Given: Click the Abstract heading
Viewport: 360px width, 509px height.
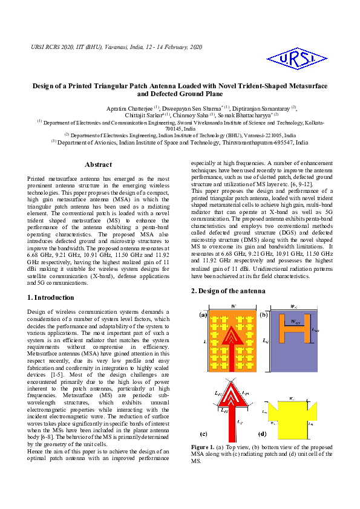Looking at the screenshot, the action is [98, 164].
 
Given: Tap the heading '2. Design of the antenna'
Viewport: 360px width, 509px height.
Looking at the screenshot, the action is [228, 291].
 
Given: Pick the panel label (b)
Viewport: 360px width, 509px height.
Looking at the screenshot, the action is [264, 315].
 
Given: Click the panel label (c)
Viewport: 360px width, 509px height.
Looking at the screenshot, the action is [204, 434].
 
